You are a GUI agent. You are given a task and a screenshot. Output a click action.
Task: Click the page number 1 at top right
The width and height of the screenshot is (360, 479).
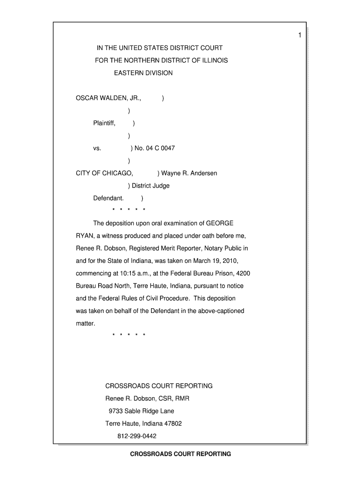click(300, 36)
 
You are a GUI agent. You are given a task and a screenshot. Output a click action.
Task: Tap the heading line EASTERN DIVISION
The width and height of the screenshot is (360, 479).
click(144, 73)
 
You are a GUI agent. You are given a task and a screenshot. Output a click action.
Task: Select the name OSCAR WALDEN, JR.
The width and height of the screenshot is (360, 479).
click(108, 98)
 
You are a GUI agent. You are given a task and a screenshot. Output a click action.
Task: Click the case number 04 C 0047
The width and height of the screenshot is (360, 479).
click(160, 148)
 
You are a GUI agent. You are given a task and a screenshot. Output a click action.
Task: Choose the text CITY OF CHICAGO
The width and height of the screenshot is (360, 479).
click(104, 174)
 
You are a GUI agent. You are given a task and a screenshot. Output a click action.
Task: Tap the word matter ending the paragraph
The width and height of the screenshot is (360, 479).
click(86, 323)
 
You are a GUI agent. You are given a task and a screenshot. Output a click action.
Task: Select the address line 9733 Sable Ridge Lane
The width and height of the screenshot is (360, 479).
click(141, 411)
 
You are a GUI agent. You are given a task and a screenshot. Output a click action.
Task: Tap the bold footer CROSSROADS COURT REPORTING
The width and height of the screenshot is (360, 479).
click(180, 454)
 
